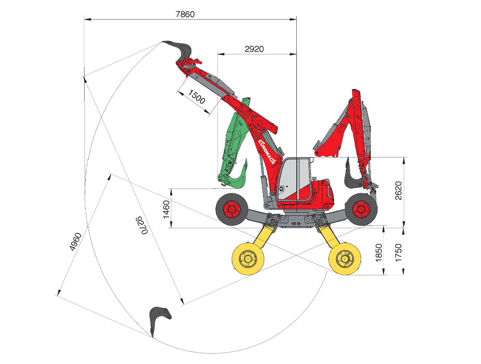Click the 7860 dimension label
tap(185, 15)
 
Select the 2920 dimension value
tap(254, 49)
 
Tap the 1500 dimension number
tap(196, 97)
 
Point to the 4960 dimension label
tap(75, 242)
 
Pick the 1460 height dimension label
tap(166, 209)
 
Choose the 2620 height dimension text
tap(398, 191)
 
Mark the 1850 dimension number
tap(379, 253)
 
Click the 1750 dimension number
tap(398, 253)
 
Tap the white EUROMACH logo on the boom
tap(266, 152)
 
